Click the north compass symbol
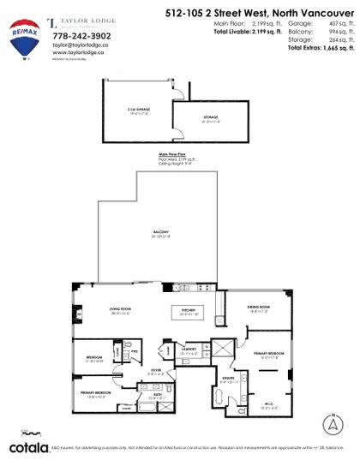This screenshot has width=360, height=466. (x=332, y=422)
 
